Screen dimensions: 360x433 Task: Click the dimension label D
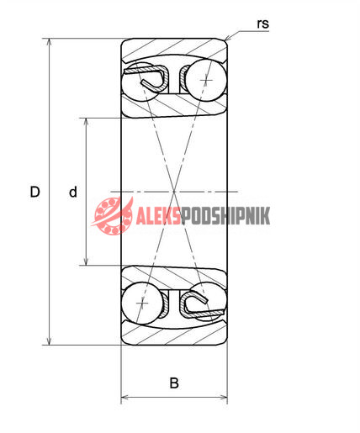tap(34, 192)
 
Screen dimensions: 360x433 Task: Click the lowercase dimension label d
tap(73, 192)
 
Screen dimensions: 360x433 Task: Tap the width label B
tap(174, 383)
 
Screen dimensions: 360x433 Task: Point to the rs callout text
tap(262, 24)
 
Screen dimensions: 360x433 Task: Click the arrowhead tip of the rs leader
tap(225, 40)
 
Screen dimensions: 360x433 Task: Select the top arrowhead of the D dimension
tap(49, 39)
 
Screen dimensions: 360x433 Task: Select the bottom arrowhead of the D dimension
tap(49, 345)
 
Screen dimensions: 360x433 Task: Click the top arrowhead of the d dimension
tap(87, 119)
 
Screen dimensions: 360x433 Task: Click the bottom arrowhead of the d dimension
tap(87, 265)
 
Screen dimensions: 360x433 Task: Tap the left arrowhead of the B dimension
tap(121, 397)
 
